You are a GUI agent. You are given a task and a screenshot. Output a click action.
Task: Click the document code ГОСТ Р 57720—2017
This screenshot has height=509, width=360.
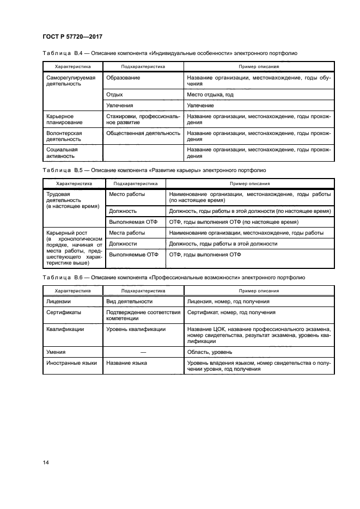point(72,36)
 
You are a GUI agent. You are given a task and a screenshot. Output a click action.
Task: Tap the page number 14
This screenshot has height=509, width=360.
point(46,463)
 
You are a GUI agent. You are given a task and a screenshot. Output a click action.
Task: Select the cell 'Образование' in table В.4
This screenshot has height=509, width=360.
point(123,78)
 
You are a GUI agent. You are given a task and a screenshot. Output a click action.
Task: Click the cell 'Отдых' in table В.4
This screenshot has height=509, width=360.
point(114,94)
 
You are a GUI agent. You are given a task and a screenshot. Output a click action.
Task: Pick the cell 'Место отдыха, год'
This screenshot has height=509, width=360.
point(210,94)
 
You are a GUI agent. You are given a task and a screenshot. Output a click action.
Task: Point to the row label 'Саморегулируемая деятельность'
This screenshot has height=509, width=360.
point(71,81)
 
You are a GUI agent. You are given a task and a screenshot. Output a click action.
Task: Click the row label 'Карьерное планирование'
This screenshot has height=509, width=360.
point(60,120)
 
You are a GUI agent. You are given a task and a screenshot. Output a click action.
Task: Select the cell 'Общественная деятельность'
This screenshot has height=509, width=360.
point(143,133)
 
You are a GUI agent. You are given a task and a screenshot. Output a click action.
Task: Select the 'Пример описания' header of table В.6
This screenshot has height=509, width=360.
point(259,291)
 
